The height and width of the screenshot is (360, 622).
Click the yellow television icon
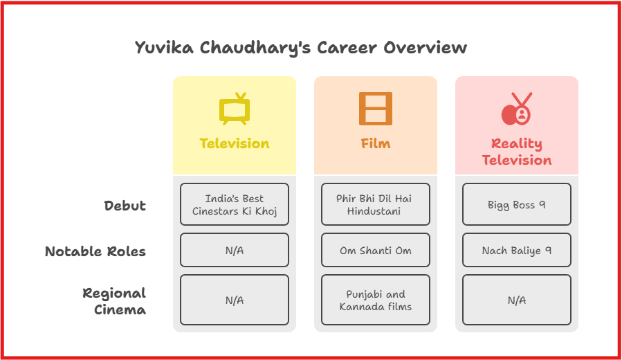pos(235,109)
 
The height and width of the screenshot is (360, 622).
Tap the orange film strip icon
pos(376,109)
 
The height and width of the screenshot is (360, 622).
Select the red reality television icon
pos(516,109)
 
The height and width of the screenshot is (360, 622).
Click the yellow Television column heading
pos(235,143)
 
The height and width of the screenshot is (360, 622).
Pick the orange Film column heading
pos(376,143)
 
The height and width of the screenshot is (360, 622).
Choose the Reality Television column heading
pos(516,152)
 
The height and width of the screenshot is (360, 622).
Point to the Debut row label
pos(125,206)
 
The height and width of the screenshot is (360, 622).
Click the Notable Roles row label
pos(95,251)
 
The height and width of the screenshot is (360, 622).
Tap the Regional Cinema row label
pos(114,301)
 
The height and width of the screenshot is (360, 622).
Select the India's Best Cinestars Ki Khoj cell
pos(235,204)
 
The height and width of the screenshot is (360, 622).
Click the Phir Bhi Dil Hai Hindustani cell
pos(376,204)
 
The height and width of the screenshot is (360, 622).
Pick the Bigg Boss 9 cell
pos(516,204)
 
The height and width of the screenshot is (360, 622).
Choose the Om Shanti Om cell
pos(376,250)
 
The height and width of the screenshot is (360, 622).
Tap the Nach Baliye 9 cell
pos(516,250)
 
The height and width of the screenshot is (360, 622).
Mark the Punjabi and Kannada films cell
pos(376,300)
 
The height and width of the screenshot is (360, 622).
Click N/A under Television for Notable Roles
pos(235,250)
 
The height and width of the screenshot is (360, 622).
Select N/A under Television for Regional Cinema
pos(235,300)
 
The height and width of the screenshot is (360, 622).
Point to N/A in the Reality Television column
pos(516,300)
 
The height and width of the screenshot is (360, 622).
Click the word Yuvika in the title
pos(164,48)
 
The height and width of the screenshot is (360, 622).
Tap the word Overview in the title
pos(425,48)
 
